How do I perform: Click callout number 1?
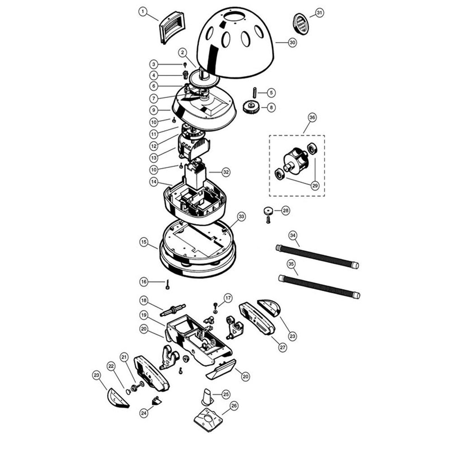pos(143,12)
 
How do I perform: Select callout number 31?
pos(319,13)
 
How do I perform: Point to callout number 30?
pos(292,43)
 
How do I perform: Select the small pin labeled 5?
pos(255,92)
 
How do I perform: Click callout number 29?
pos(314,186)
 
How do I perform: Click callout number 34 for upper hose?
pos(293,235)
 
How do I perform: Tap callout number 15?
pos(144,242)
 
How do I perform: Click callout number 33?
pos(241,217)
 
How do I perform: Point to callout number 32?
pos(226,172)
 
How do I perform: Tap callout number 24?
pos(144,413)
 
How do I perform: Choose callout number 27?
pos(282,347)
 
